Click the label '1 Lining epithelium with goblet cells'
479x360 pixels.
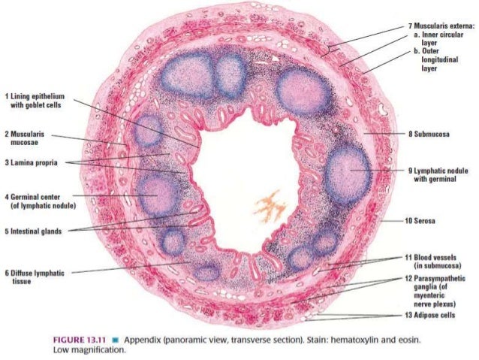pyautogui.click(x=35, y=101)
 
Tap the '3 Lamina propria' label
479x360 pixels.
pyautogui.click(x=31, y=162)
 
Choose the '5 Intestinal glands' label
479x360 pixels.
pyautogui.click(x=35, y=231)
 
